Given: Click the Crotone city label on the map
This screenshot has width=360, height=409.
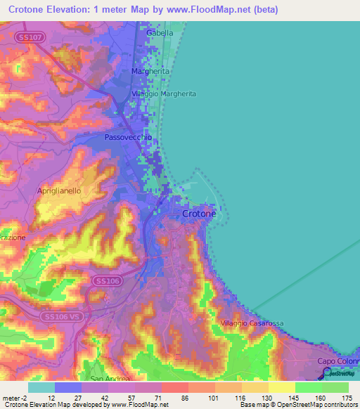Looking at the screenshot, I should click(199, 214).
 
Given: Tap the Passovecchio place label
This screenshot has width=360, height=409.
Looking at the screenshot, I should click(127, 138).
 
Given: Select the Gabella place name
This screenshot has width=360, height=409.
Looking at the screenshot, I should click(159, 33).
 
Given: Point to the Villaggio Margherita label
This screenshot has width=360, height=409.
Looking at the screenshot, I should click(163, 93).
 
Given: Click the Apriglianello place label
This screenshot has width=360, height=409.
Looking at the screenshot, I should click(60, 190).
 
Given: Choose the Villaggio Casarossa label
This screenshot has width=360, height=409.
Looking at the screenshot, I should click(252, 323).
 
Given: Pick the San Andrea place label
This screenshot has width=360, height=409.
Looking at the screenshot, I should click(105, 379).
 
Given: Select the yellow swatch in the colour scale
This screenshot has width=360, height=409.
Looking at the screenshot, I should click(282, 387).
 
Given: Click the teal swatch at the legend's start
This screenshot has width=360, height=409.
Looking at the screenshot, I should click(41, 387).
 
